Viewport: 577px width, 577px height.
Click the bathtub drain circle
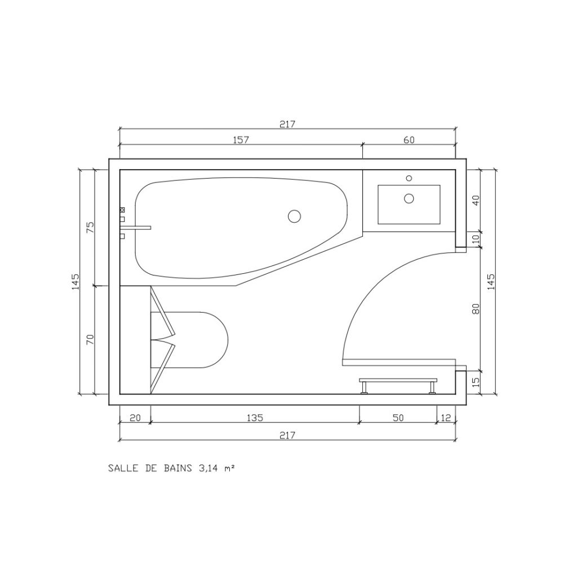coord(294,216)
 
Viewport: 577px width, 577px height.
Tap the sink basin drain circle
coord(409,199)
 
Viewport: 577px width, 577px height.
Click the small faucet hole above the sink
coord(409,178)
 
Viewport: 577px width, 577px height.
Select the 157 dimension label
coord(241,140)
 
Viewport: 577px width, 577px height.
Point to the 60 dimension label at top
coord(409,140)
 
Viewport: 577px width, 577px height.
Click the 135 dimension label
coord(255,418)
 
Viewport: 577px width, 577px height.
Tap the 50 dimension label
coord(398,418)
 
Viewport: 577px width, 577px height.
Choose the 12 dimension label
coord(446,418)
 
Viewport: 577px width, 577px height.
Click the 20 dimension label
coord(135,418)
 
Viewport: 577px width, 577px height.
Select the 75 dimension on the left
coord(90,228)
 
